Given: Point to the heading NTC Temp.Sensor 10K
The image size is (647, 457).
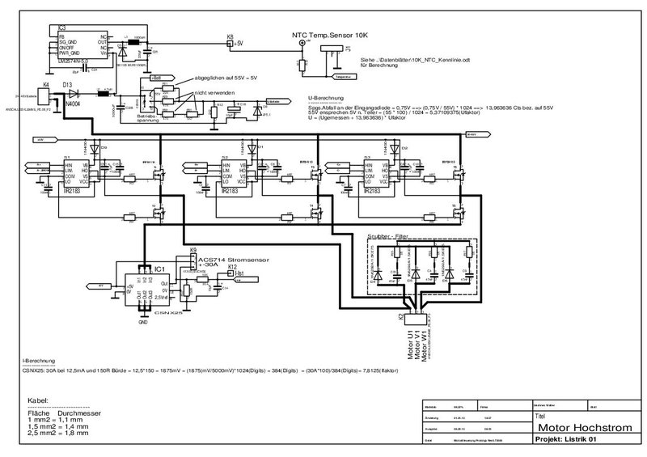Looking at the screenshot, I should [331, 36].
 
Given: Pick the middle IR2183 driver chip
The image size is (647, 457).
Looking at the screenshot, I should [231, 177].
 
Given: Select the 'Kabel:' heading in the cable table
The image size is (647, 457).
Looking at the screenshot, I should [39, 401].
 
